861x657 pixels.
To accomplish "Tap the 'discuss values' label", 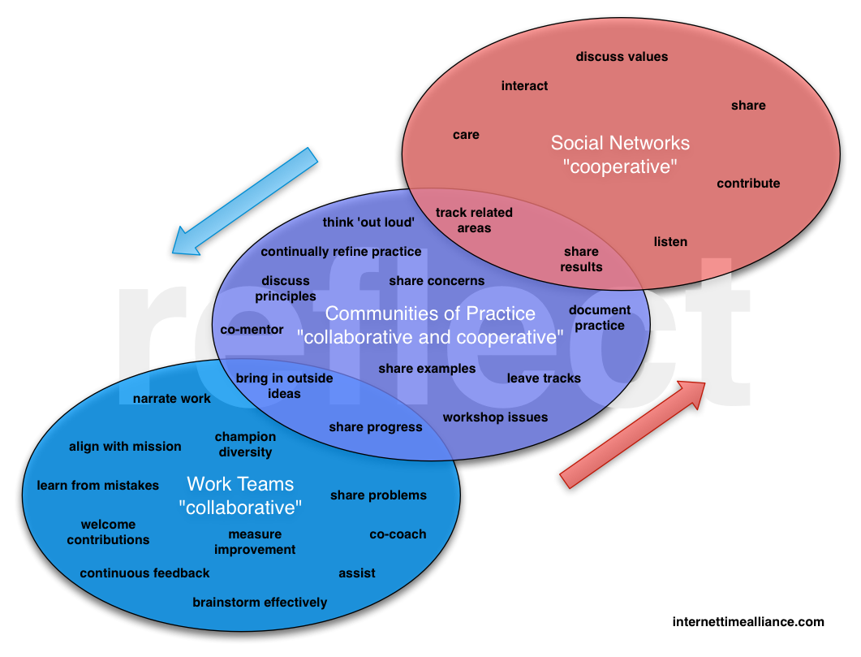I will click(x=622, y=57).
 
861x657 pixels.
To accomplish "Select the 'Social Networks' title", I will click(x=620, y=144).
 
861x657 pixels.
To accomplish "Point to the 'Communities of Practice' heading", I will click(x=430, y=313).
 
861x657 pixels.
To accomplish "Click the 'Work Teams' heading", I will click(x=240, y=484).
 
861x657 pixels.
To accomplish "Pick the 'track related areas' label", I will click(x=474, y=220).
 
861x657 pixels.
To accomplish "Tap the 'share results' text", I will click(x=581, y=259).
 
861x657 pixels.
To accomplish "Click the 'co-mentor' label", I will click(x=252, y=330).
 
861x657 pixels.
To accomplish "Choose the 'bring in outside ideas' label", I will click(x=284, y=386).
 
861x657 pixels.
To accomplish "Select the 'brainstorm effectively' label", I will click(x=260, y=603).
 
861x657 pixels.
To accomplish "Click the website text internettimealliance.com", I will click(x=748, y=622).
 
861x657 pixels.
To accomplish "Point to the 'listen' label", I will click(x=670, y=242).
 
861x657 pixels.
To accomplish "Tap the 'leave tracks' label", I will click(x=544, y=378).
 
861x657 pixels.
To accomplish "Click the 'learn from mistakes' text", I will click(x=98, y=486).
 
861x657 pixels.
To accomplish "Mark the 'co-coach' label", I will click(x=398, y=534).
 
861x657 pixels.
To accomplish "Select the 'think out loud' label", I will click(x=368, y=223).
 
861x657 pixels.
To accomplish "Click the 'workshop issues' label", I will click(x=495, y=417).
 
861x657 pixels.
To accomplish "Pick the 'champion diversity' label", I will click(x=245, y=444).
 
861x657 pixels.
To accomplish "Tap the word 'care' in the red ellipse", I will click(x=466, y=135).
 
